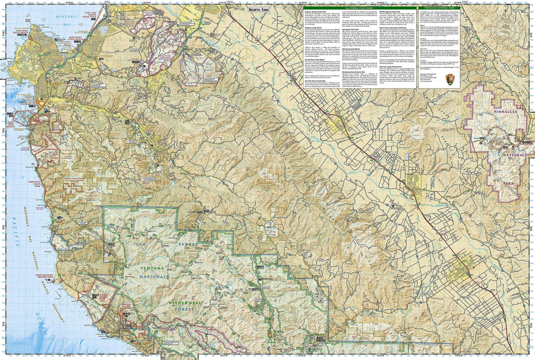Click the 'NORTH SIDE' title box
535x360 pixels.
[259, 10]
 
